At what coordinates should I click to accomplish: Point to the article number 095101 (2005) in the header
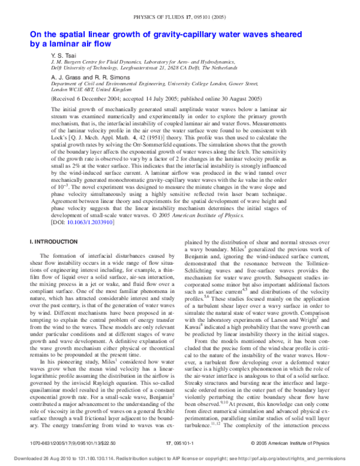click(x=212, y=8)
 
